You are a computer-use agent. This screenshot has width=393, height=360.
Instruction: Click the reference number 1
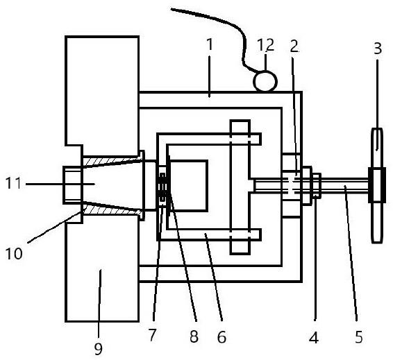pyautogui.click(x=210, y=44)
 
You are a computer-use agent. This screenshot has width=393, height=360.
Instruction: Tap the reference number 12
pyautogui.click(x=266, y=45)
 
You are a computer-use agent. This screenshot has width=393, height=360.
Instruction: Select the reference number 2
pyautogui.click(x=294, y=46)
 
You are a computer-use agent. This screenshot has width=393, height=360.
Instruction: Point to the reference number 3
pyautogui.click(x=378, y=49)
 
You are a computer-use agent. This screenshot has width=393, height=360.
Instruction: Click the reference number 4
pyautogui.click(x=314, y=338)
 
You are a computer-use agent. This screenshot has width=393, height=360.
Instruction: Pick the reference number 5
pyautogui.click(x=359, y=336)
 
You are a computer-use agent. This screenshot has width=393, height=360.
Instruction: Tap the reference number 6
pyautogui.click(x=221, y=336)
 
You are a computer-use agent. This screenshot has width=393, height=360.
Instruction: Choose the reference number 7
pyautogui.click(x=152, y=335)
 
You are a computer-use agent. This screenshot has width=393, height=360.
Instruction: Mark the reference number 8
pyautogui.click(x=194, y=336)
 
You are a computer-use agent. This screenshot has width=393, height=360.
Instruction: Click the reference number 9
pyautogui.click(x=99, y=349)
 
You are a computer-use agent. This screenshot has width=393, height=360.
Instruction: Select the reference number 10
pyautogui.click(x=14, y=253)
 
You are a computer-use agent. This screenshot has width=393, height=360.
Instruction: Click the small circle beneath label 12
pyautogui.click(x=265, y=81)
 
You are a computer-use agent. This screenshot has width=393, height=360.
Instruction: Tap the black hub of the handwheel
pyautogui.click(x=377, y=185)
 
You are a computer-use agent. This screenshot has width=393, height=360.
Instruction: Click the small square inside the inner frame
pyautogui.click(x=188, y=186)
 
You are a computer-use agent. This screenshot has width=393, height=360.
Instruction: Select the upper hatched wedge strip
pyautogui.click(x=112, y=161)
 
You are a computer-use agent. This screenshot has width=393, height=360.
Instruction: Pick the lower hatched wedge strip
pyautogui.click(x=112, y=209)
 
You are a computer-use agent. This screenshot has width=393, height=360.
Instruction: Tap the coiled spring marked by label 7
pyautogui.click(x=163, y=187)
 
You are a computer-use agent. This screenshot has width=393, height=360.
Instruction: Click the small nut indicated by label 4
pyautogui.click(x=317, y=186)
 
